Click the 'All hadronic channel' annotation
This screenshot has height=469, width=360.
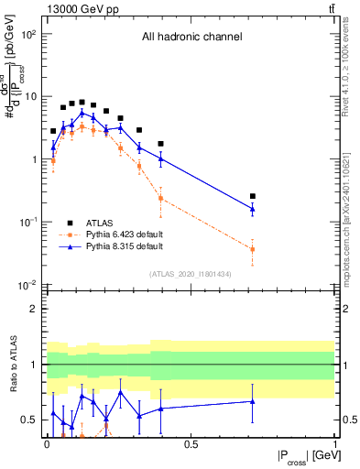191,38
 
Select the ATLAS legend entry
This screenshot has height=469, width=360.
99,222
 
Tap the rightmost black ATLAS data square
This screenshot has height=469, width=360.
253,196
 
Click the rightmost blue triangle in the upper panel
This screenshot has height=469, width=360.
253,210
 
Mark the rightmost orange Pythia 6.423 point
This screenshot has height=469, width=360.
253,249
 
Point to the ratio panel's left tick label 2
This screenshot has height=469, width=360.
33,309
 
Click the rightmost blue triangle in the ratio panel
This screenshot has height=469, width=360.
253,401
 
